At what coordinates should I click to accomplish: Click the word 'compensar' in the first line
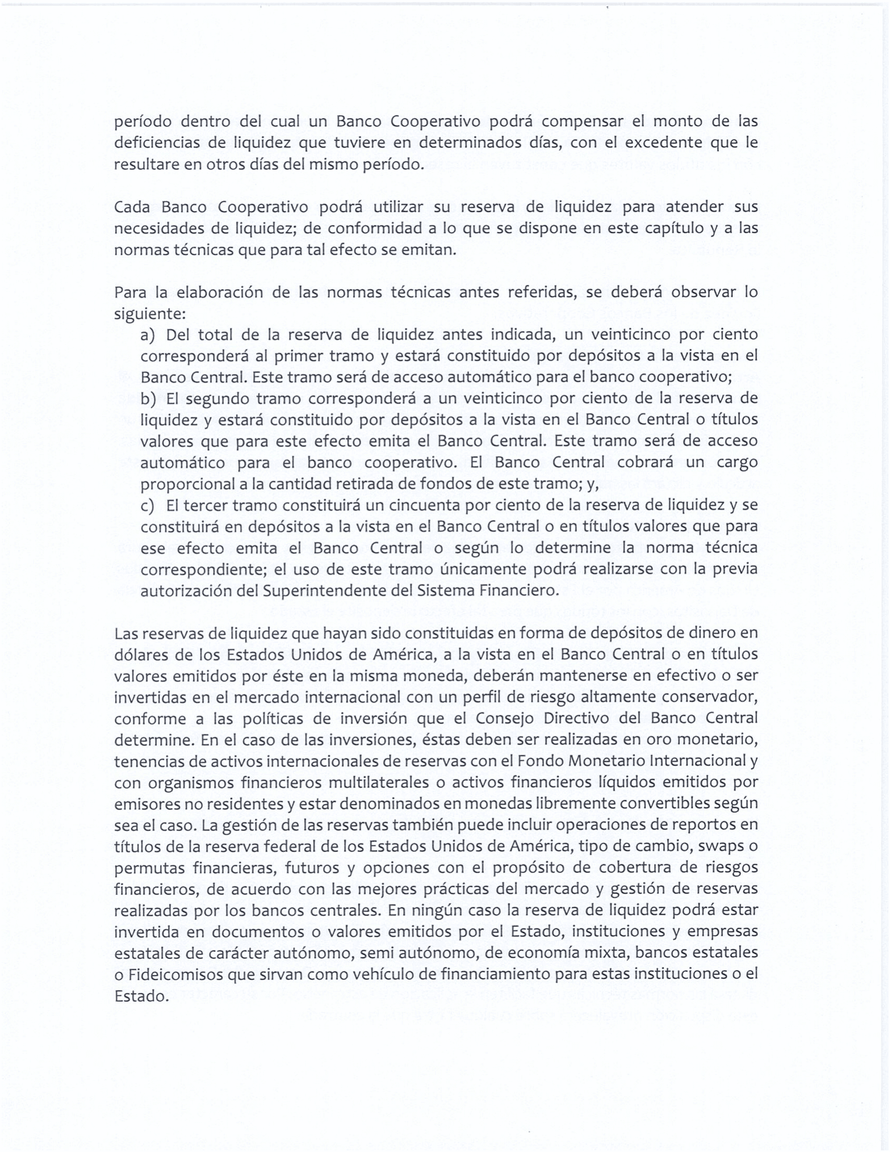583,122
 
